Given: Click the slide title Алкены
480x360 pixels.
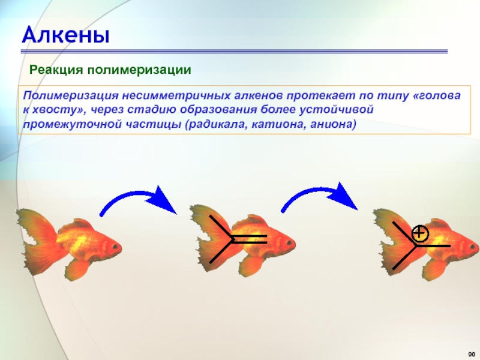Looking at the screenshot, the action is pos(65,34).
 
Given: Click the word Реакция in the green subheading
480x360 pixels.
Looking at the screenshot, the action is pos(56,70).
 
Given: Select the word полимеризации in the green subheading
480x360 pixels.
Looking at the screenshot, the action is pos(139,70).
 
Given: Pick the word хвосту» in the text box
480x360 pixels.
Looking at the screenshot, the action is pos(58,110).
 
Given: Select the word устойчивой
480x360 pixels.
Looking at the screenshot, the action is pos(337,110).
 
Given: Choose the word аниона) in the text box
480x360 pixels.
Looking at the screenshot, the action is pos(333,125).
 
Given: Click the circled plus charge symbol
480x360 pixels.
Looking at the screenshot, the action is pos(420,233).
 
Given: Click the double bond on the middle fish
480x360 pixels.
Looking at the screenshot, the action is pos(249,239).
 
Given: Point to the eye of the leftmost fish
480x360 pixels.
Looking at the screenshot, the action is pos(115,247).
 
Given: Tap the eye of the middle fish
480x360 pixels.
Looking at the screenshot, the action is pos(289,243).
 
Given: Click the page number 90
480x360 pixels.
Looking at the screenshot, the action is pos(472,354).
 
